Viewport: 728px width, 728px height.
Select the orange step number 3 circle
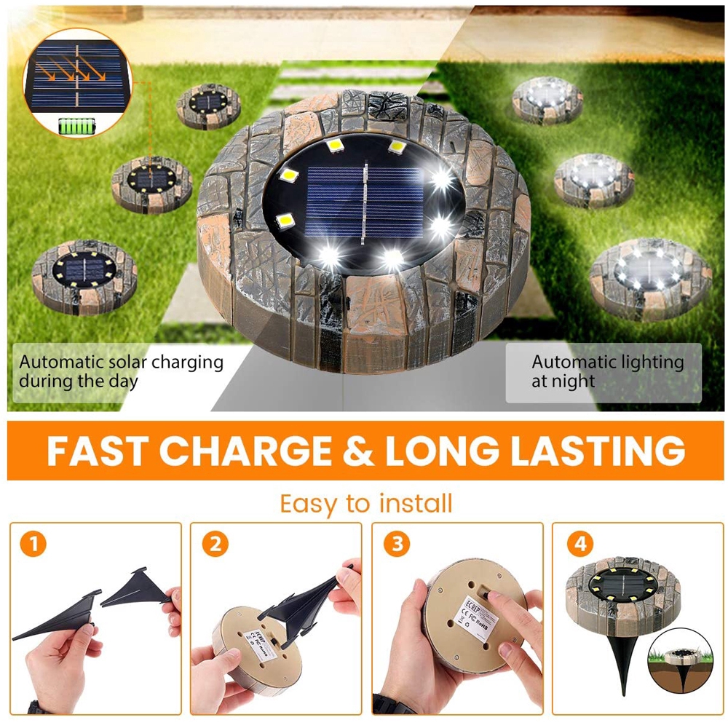396,544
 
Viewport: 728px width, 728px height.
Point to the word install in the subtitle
416,503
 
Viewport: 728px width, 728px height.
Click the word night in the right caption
573,381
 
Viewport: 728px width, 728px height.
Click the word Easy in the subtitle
306,503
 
